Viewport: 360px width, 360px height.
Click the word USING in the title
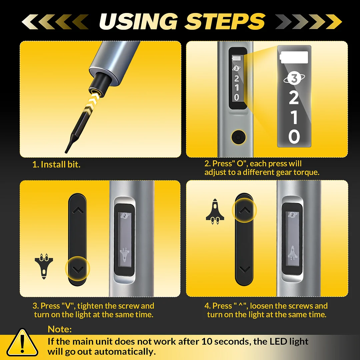[138, 21]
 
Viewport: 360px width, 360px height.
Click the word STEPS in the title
[225, 21]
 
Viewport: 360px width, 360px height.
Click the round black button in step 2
[238, 137]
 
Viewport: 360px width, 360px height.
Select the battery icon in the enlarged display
[294, 57]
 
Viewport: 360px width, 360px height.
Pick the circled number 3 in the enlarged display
[294, 79]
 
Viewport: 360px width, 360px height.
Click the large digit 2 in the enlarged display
[294, 98]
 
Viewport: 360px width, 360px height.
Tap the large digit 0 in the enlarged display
[294, 136]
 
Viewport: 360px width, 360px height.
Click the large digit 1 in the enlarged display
[294, 117]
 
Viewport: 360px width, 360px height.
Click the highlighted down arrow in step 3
[78, 269]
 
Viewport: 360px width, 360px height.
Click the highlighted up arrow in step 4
[244, 210]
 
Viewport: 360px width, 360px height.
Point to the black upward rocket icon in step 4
[215, 211]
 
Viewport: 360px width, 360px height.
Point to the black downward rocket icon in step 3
[44, 266]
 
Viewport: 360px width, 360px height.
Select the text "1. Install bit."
[56, 164]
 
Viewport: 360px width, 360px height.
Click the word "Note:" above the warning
[60, 329]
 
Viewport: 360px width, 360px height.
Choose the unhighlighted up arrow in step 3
[78, 210]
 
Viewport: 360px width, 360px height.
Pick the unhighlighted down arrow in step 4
[244, 269]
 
